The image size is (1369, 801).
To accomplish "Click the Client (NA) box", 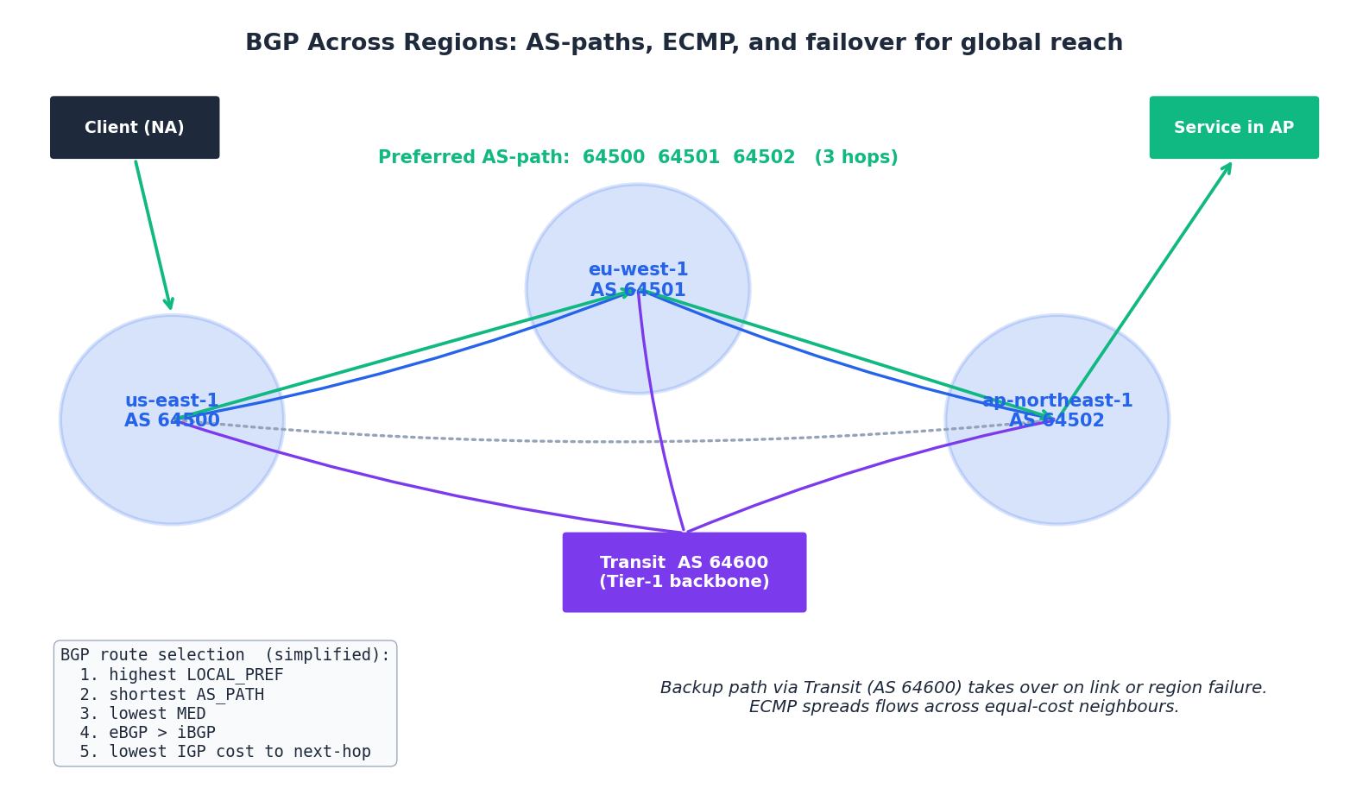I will [x=135, y=128].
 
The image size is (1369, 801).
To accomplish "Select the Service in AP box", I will [x=1233, y=128].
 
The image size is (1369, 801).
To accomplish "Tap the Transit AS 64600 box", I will [x=684, y=572].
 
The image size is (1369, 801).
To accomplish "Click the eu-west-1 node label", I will [x=638, y=270].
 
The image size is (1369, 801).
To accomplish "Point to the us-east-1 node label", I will [x=172, y=401].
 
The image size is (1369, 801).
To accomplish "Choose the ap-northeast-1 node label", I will [x=1057, y=401].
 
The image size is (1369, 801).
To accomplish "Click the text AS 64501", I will [x=638, y=291].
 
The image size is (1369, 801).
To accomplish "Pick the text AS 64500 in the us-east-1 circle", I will [x=172, y=421].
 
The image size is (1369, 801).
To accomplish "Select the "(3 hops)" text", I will [x=855, y=158].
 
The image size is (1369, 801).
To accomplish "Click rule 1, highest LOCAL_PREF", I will [x=181, y=675].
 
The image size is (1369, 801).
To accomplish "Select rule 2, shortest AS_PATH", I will [x=172, y=695].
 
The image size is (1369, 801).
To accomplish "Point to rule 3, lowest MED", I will [x=142, y=714].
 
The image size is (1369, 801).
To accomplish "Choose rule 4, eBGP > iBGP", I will [x=148, y=733].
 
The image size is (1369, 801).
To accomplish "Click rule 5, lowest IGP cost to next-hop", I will [x=225, y=752].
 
